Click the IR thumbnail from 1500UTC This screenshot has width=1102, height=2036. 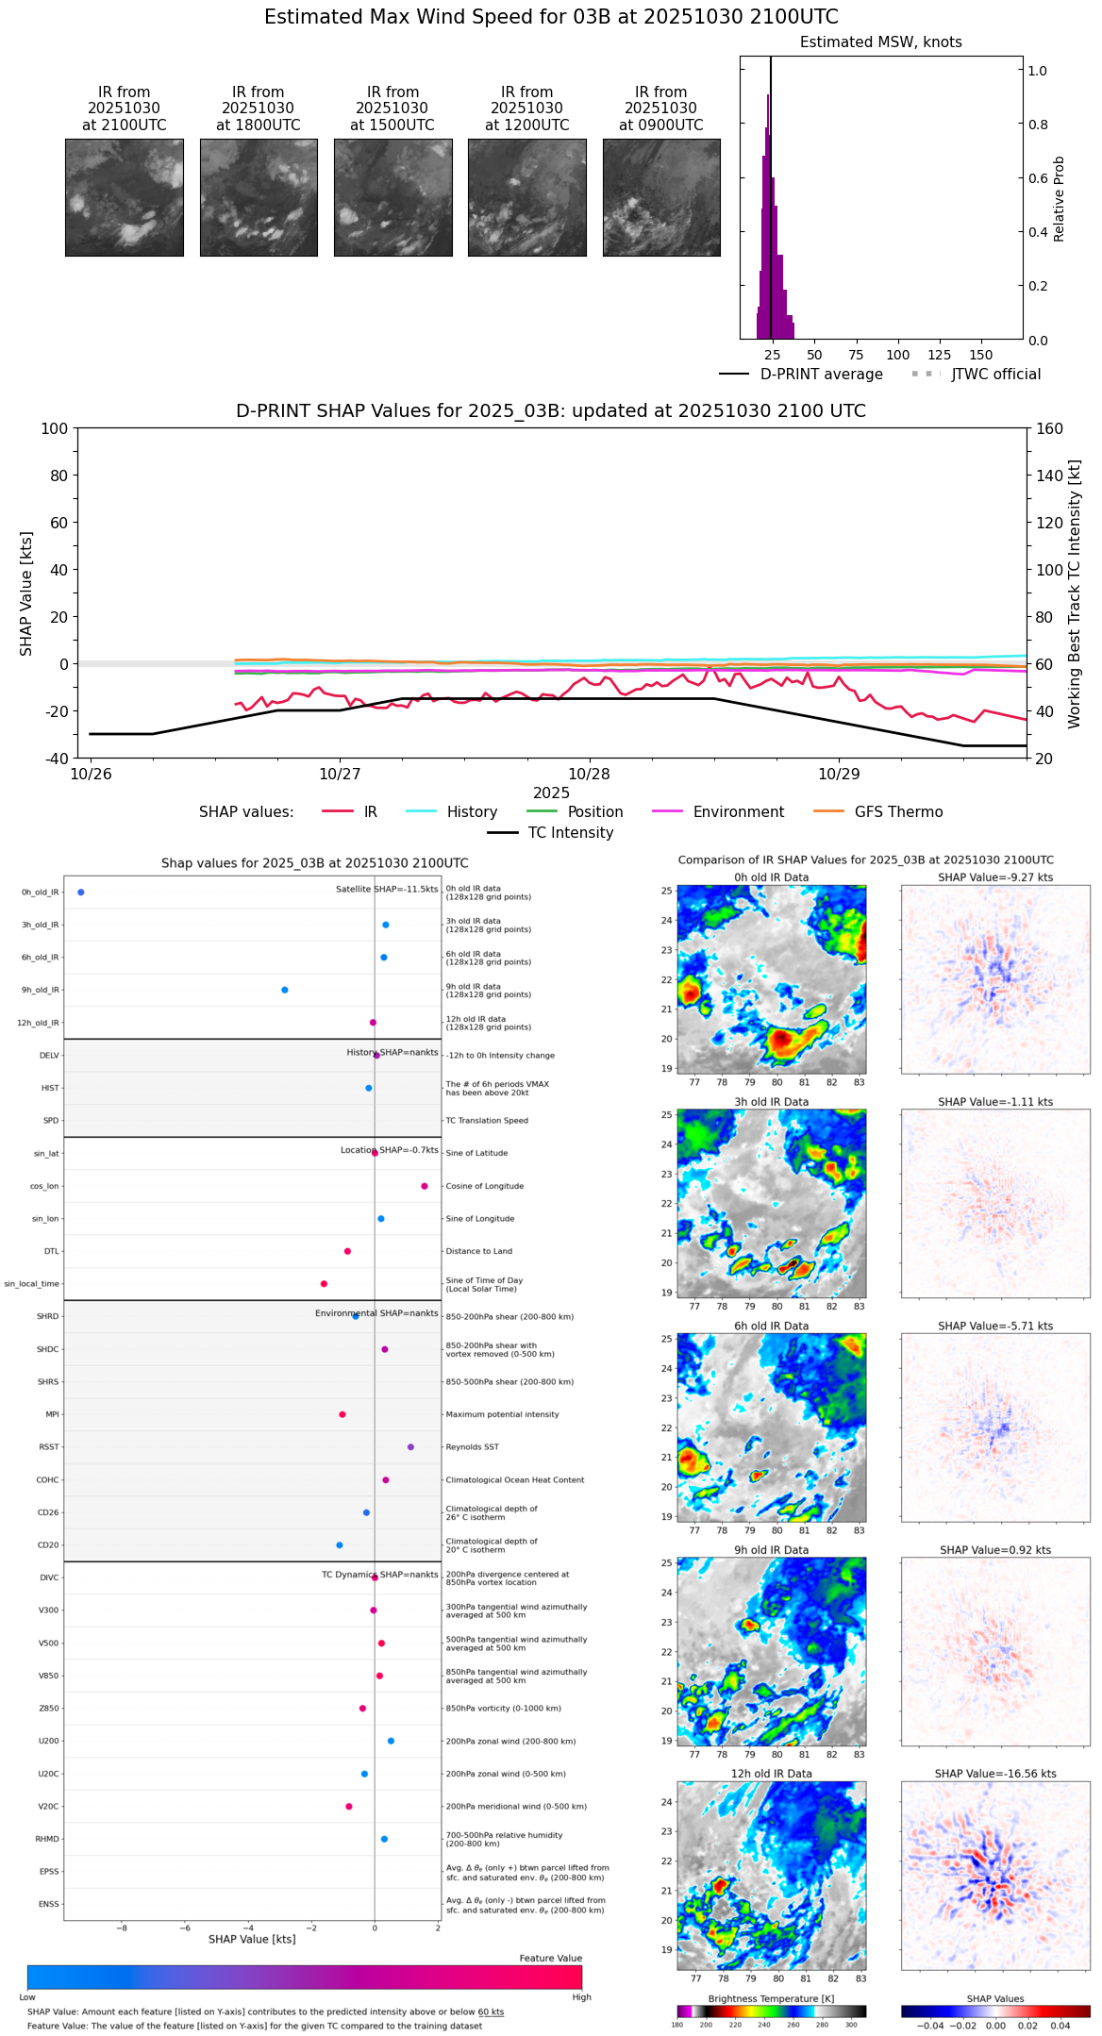(392, 197)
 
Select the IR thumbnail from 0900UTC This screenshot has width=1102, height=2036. (661, 197)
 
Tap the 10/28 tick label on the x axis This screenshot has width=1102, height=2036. (589, 775)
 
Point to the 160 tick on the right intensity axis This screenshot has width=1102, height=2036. (1049, 428)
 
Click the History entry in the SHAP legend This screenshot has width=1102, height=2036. (472, 812)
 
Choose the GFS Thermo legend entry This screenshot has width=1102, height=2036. (898, 812)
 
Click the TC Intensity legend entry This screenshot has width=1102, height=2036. (570, 833)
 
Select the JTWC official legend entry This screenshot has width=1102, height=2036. (995, 375)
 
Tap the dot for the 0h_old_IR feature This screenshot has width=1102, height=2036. (81, 893)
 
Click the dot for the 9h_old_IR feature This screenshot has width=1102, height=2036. (285, 991)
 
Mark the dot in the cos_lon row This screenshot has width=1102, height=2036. (425, 1186)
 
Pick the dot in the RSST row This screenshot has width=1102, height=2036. (410, 1447)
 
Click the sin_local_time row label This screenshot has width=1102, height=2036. (32, 1284)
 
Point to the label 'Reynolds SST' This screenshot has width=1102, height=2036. (473, 1447)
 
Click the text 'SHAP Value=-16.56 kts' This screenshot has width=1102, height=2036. (995, 1774)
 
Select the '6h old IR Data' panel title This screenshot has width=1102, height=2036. (771, 1326)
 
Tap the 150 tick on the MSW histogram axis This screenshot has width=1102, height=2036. (981, 356)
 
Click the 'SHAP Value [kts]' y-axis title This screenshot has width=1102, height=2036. (26, 593)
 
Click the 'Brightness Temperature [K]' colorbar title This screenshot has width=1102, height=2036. (771, 1998)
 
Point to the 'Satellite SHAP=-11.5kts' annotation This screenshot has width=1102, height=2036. (387, 890)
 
